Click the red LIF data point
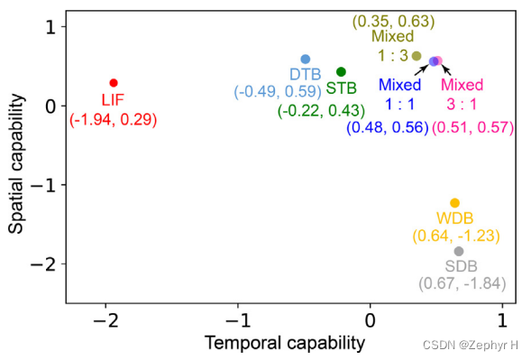click(114, 83)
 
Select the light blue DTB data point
click(305, 59)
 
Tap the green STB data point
click(341, 71)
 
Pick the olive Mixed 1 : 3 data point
click(417, 56)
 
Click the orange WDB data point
click(454, 203)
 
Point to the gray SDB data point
click(459, 251)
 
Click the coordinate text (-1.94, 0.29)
click(114, 120)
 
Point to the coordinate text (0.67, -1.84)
click(462, 283)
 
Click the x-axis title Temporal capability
click(284, 343)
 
